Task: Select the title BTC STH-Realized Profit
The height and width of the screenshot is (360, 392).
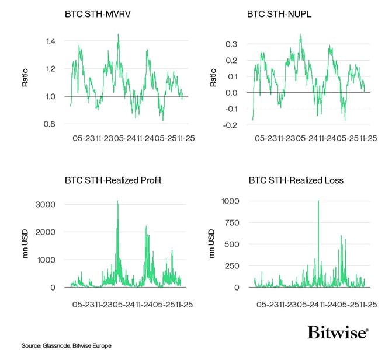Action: tap(113, 180)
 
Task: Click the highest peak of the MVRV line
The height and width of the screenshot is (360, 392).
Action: tap(119, 34)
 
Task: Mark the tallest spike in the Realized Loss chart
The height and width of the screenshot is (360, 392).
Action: tap(318, 201)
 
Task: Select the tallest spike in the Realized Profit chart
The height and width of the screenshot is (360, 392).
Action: tap(118, 201)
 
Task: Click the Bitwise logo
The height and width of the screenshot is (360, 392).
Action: tap(338, 333)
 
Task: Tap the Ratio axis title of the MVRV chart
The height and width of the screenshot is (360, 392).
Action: tap(25, 79)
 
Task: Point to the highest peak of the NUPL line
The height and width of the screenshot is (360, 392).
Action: tap(300, 34)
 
